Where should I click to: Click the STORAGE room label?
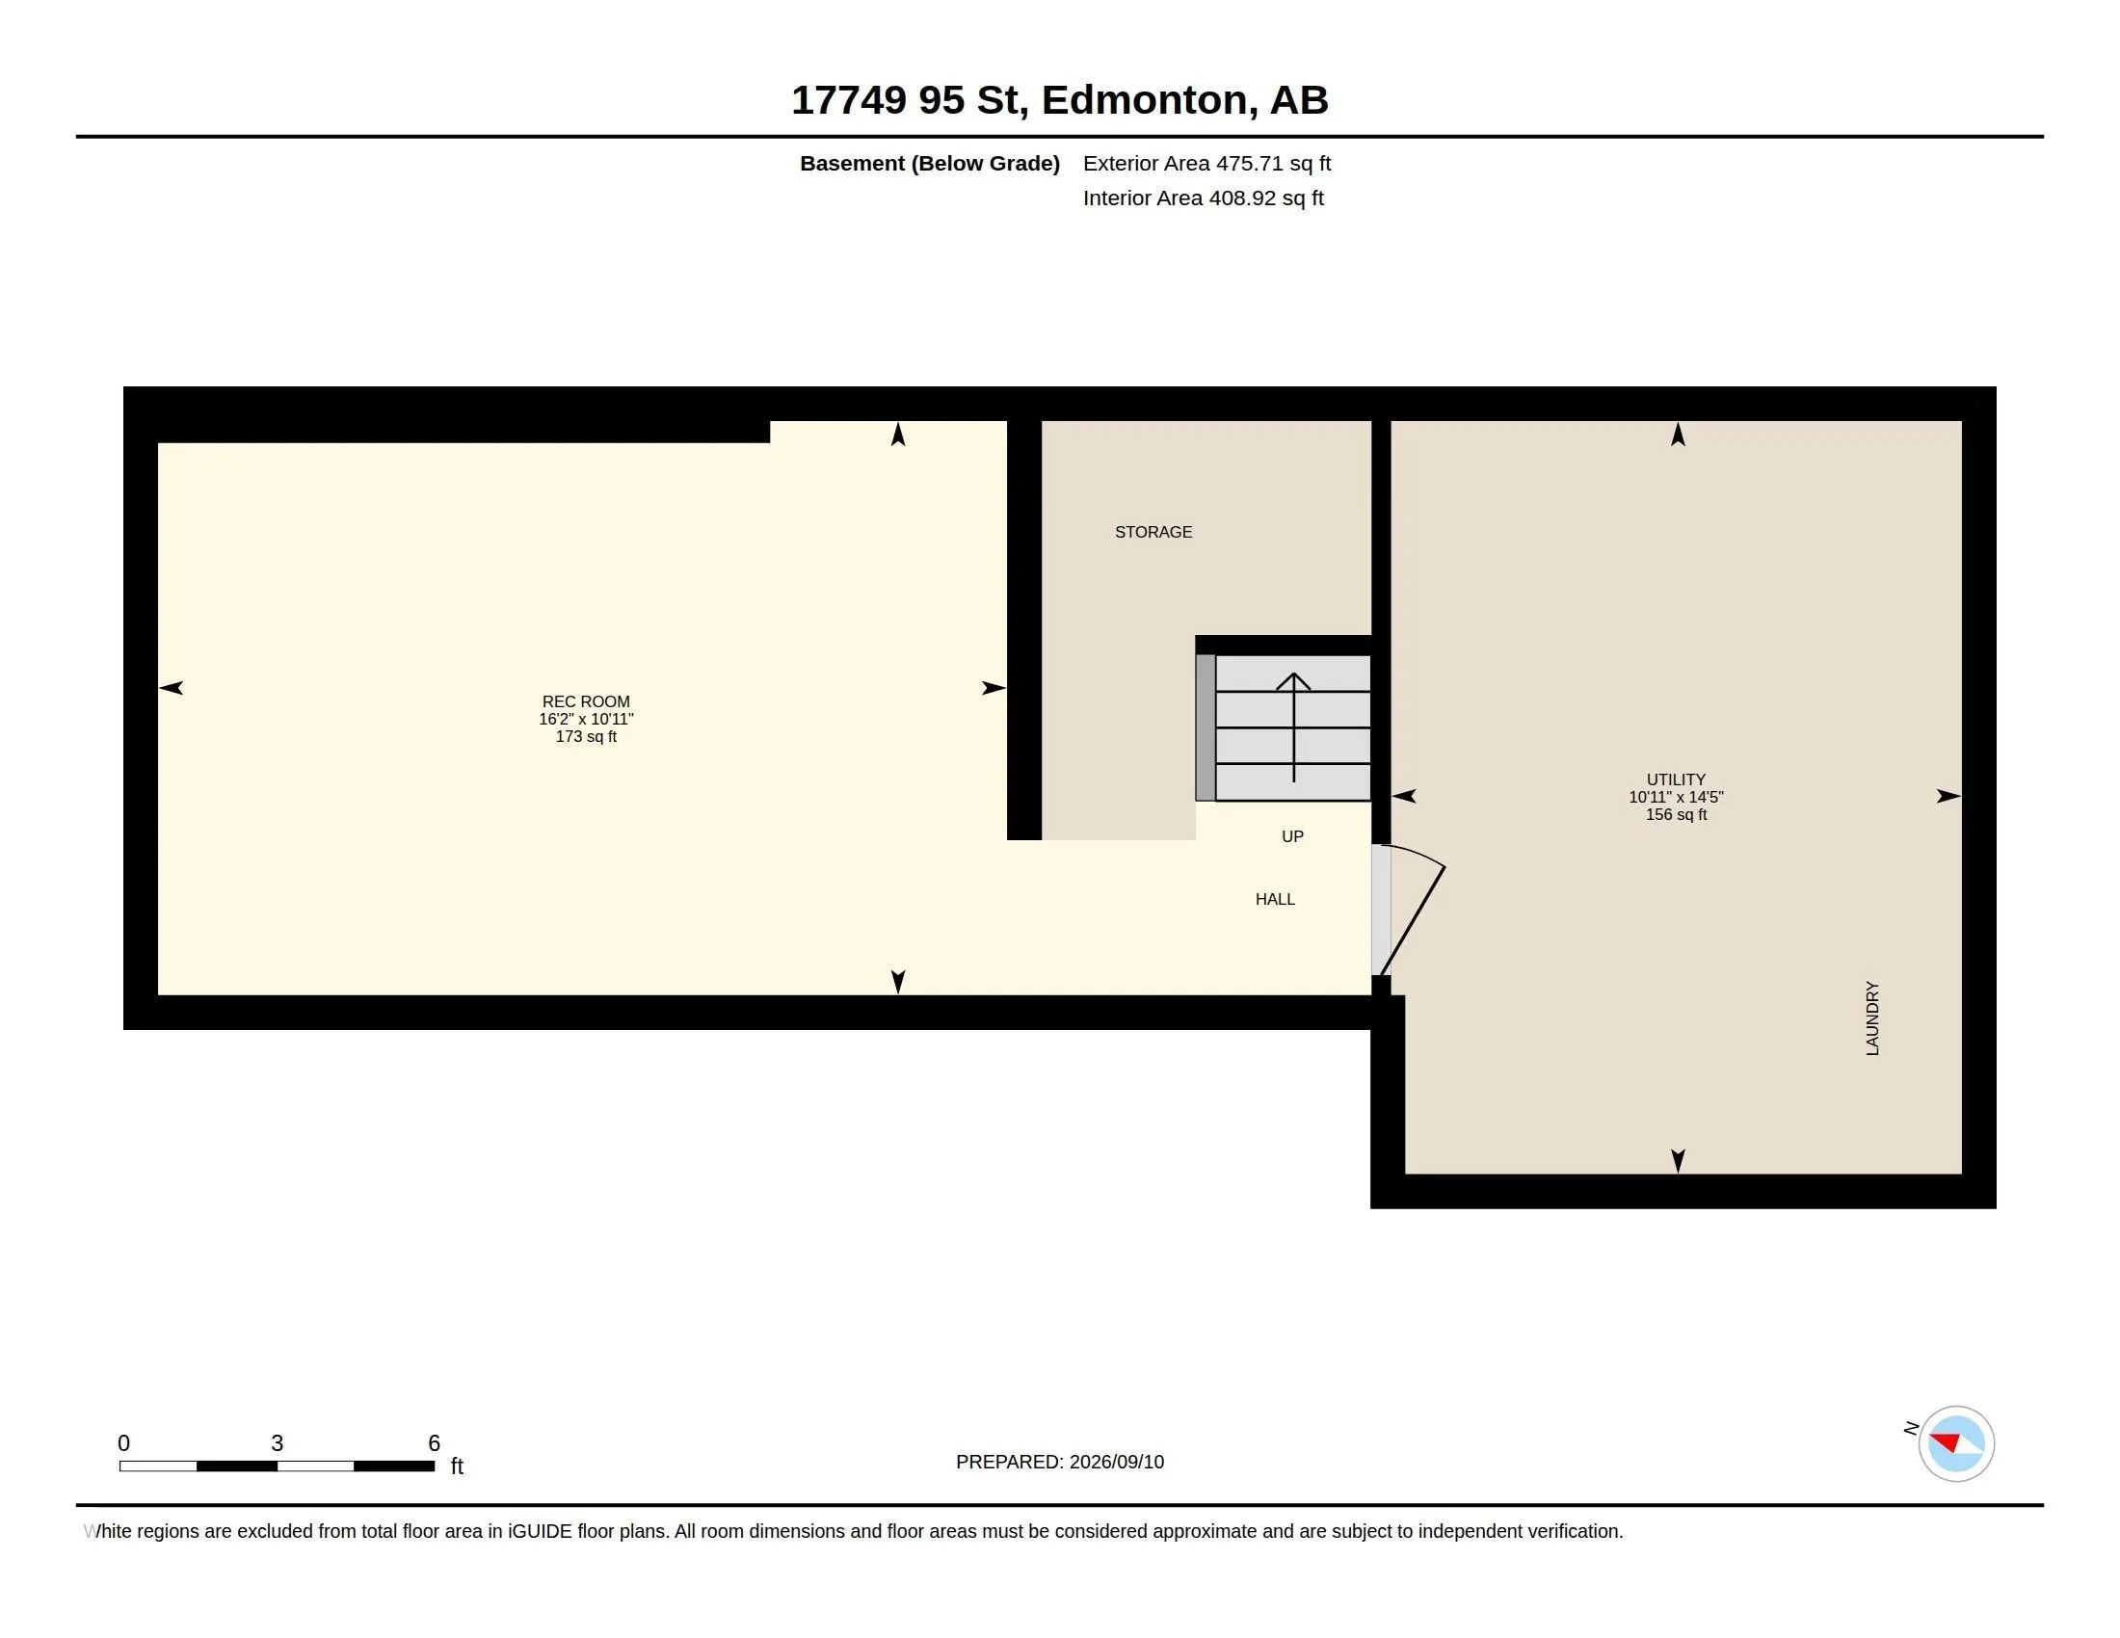coord(1153,532)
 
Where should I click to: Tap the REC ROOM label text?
coord(585,701)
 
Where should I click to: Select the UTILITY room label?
coord(1676,779)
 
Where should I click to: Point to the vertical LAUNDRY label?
coord(1872,1017)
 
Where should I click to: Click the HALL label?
coord(1275,900)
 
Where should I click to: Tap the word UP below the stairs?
coord(1292,836)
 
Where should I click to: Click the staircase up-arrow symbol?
coord(1293,727)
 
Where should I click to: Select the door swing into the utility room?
coord(1413,909)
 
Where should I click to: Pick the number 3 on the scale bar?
coord(277,1443)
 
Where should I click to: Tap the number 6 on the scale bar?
coord(434,1443)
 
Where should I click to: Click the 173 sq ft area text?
coord(585,736)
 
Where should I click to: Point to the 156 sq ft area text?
coord(1676,814)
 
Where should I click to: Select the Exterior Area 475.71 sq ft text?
coord(1206,163)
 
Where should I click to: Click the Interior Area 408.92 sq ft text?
coord(1203,198)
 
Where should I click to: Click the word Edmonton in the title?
coord(1145,100)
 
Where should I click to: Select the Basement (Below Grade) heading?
coord(929,163)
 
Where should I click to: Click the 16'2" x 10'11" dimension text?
coord(585,719)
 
